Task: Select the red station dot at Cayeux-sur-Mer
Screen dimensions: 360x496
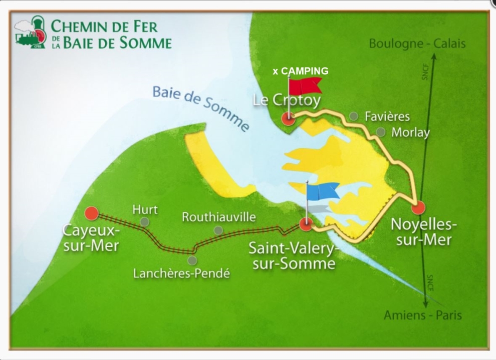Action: (x=91, y=213)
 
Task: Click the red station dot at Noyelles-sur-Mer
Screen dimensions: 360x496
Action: (x=418, y=207)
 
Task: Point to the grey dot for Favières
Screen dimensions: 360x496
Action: (x=354, y=116)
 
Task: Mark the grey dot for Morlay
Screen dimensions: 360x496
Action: (x=381, y=132)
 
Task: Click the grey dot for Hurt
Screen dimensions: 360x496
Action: (x=144, y=221)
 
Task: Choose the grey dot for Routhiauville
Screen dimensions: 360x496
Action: (x=218, y=230)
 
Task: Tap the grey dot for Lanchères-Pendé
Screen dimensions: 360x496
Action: (x=192, y=260)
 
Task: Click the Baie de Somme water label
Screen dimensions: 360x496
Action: (x=200, y=108)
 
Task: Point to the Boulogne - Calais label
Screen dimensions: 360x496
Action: (x=417, y=44)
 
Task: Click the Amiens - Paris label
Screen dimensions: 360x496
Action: (x=422, y=315)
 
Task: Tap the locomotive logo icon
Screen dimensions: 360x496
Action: (x=31, y=33)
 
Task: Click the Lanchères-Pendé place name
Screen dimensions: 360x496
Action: (x=181, y=274)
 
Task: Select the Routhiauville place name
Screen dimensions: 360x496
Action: (x=218, y=217)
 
